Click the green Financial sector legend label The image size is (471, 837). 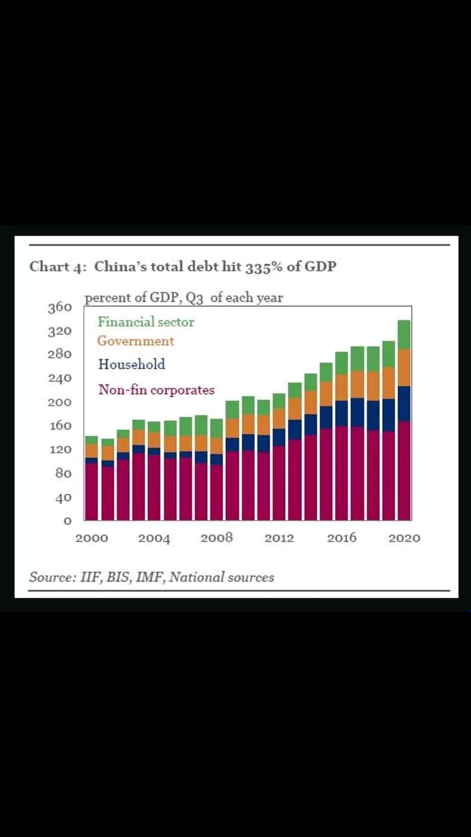coord(145,322)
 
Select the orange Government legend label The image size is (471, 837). coord(135,341)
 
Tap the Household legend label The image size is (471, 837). coord(131,364)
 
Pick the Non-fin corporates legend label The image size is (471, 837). coord(156,390)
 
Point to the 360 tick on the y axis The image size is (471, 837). coord(60,307)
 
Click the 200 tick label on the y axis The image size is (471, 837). coord(60,403)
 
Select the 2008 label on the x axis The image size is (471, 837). coord(216,538)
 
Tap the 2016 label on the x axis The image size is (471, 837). coord(342,538)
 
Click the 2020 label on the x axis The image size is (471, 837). coord(404,538)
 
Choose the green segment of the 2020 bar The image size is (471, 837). coord(404,334)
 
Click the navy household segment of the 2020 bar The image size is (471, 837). coord(404,403)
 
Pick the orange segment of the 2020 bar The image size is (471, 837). coord(404,367)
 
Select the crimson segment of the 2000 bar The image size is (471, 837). coord(91,491)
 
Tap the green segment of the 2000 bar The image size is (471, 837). coord(91,440)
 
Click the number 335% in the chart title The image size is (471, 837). coord(253,267)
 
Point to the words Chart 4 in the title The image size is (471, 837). coord(58,267)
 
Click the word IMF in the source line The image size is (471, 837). coord(151,577)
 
